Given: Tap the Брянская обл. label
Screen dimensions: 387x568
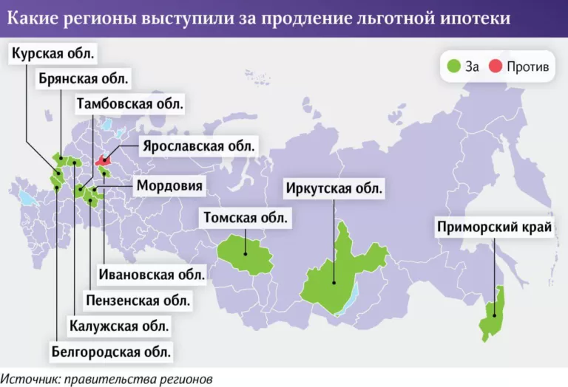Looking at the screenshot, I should coord(84,78).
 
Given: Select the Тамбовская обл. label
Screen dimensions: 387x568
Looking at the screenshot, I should coord(130,103).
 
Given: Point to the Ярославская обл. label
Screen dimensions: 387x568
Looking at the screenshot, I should coord(199,145).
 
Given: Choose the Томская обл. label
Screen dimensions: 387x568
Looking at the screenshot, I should coord(245,217).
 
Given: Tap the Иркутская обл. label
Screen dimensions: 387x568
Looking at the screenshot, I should coord(334,188).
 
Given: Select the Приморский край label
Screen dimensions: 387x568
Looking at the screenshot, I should coord(495,227).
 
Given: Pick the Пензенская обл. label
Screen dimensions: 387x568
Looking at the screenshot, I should coord(138,300).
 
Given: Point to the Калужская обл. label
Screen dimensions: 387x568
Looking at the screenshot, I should coord(119,325).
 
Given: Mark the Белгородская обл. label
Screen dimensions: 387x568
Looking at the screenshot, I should coord(112,351).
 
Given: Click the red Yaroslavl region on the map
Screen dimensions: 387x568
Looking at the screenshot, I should coord(103,158).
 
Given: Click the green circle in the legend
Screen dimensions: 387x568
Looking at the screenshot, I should coord(454,66).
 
